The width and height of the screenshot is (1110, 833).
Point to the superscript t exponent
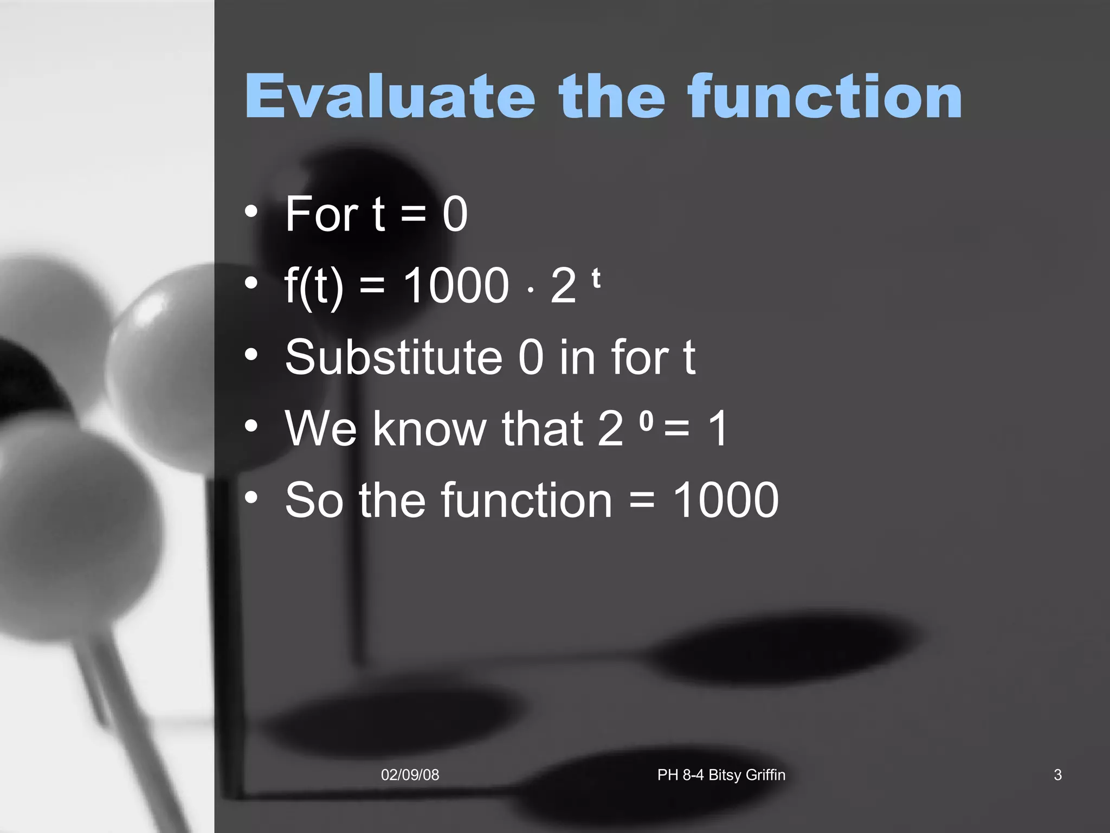[596, 279]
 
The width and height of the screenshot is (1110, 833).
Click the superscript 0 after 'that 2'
[646, 421]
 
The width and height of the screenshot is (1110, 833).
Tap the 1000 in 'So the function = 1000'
[725, 500]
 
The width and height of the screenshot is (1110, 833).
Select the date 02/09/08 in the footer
[410, 775]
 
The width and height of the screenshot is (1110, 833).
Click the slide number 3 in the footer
[1057, 775]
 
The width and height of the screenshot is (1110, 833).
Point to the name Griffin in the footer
[765, 775]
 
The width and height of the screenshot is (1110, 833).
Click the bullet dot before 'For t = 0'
[250, 211]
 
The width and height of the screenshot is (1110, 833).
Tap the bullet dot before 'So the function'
[250, 497]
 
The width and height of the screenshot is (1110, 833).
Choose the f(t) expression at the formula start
[313, 286]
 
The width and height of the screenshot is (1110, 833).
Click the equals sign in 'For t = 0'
[414, 215]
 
